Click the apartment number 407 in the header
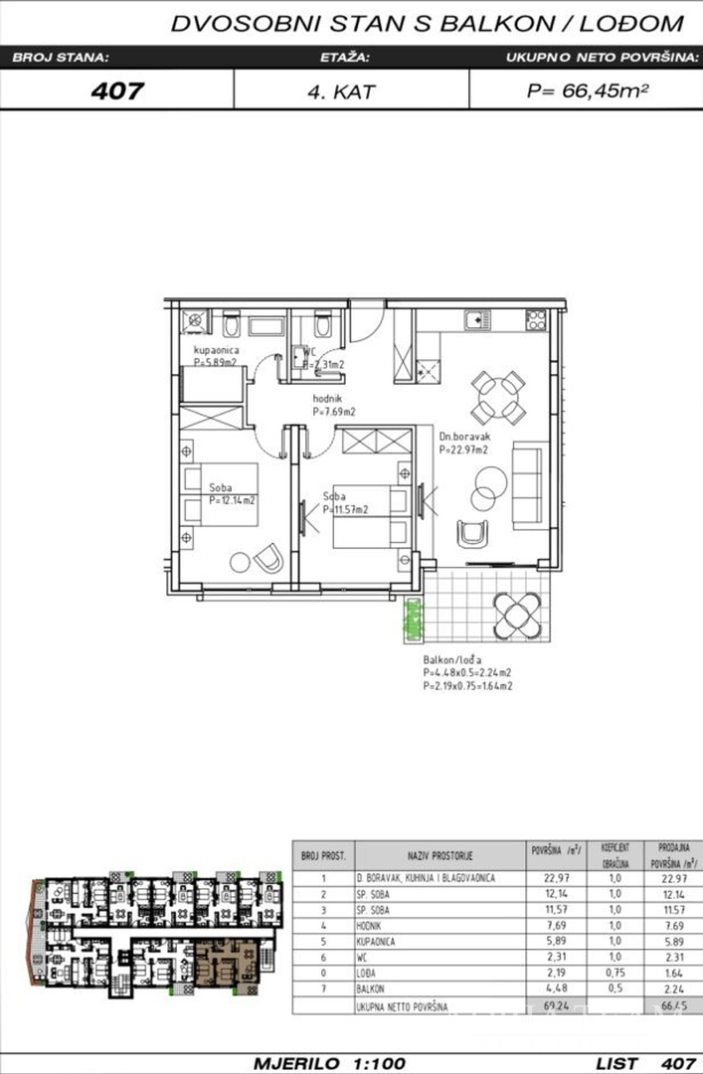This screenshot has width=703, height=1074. coord(117,90)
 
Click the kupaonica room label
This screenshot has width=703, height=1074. coord(216,351)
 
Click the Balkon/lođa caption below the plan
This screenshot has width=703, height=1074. coord(452,658)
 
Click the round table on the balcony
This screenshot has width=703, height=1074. coord(518,609)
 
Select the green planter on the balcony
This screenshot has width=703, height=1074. coord(410,622)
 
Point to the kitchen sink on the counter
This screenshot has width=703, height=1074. coord(475,319)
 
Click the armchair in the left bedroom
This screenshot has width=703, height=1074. coord(266,560)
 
